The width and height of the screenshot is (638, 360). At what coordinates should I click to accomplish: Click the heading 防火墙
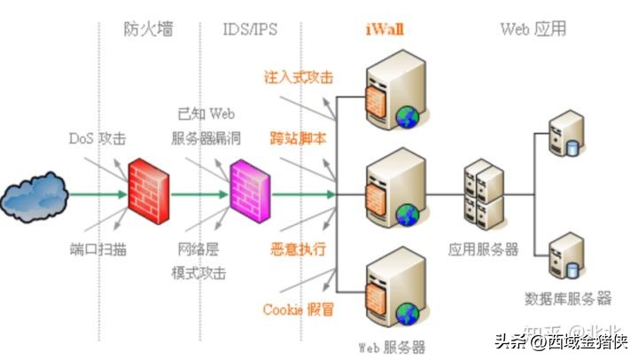click(148, 29)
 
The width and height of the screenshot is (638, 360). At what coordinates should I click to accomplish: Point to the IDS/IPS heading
click(250, 29)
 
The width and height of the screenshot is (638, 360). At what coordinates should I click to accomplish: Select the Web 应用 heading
click(533, 29)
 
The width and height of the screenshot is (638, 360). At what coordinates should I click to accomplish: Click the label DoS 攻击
click(97, 139)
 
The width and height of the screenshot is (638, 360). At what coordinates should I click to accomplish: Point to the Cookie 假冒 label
click(299, 309)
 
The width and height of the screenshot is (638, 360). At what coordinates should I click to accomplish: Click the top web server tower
click(388, 93)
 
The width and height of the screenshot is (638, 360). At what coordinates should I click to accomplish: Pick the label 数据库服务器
click(568, 296)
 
